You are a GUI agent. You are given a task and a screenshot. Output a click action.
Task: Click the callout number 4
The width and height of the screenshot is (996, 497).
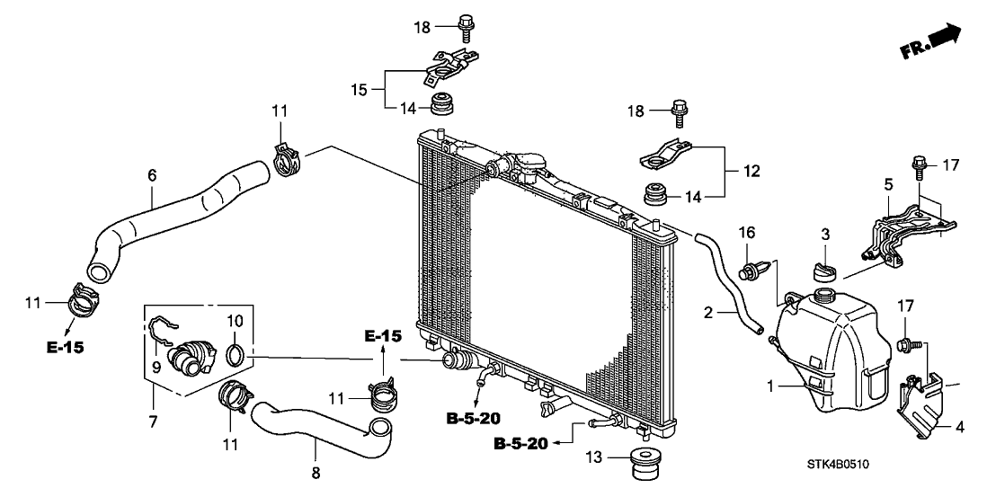960,427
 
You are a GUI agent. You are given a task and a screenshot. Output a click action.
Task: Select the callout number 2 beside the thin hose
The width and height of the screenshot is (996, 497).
709,312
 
